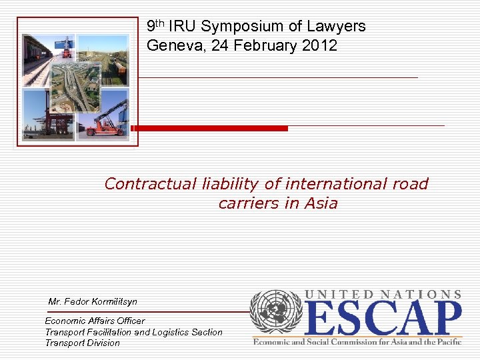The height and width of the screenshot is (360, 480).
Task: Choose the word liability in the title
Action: coord(233,184)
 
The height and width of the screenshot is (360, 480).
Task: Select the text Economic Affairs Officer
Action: coord(95,321)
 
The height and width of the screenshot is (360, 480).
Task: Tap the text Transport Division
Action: coord(83,343)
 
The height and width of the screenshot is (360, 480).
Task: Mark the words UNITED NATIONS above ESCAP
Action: coord(383,294)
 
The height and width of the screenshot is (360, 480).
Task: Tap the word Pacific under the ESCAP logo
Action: coord(445,341)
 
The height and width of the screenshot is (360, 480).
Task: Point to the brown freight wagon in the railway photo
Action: coord(117,66)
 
